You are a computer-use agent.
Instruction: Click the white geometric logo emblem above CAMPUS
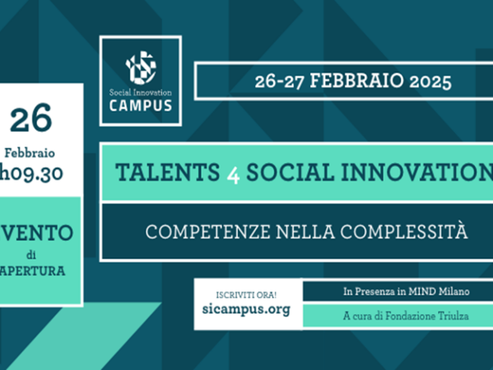tap(141, 68)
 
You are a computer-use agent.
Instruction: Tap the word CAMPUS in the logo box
tap(140, 106)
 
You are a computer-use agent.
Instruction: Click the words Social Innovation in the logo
tap(140, 92)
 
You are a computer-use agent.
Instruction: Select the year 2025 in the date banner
tap(430, 82)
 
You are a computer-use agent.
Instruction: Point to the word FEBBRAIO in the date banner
tap(357, 80)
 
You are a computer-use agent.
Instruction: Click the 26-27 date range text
tap(279, 82)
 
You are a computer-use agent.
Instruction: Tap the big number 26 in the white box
tap(31, 118)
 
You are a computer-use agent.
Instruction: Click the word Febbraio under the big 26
tap(29, 153)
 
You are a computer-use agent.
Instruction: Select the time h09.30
tap(31, 173)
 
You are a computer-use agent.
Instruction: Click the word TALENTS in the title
tap(168, 172)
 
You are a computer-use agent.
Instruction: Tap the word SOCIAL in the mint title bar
tap(290, 172)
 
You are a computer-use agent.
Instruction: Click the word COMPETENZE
tap(207, 232)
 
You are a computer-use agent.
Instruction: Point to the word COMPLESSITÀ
tap(404, 230)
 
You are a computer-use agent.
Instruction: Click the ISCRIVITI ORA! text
tap(246, 295)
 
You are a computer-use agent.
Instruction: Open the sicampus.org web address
tap(246, 309)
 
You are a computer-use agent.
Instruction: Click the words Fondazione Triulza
tap(427, 315)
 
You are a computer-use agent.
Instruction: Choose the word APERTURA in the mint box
tap(32, 271)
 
